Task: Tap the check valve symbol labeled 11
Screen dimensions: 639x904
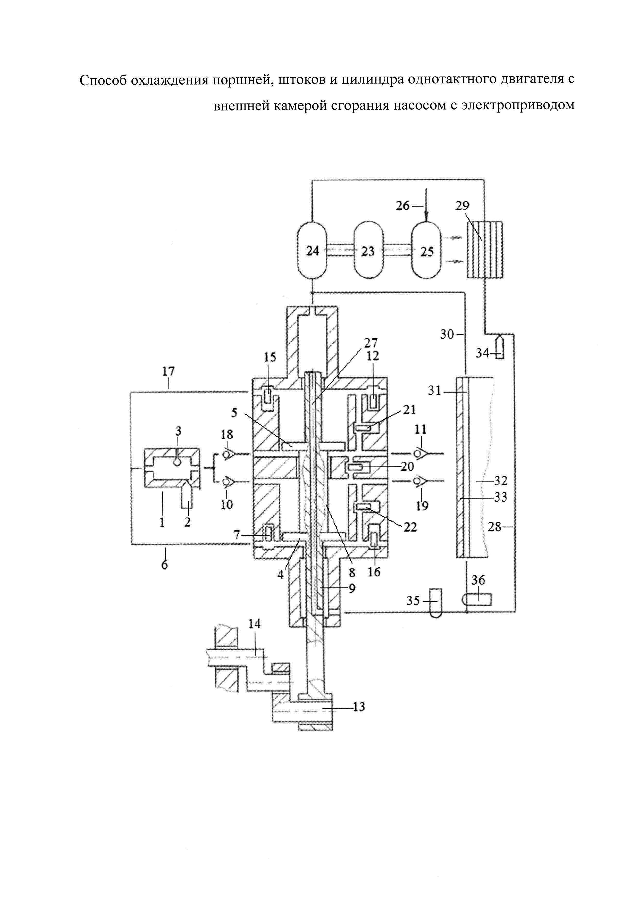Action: [421, 454]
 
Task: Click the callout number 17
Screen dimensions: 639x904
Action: [169, 371]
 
